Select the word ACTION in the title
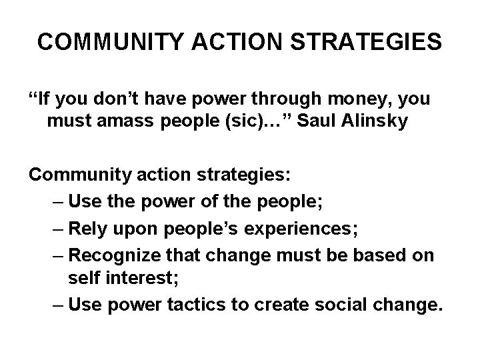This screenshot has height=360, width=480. coord(231,42)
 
